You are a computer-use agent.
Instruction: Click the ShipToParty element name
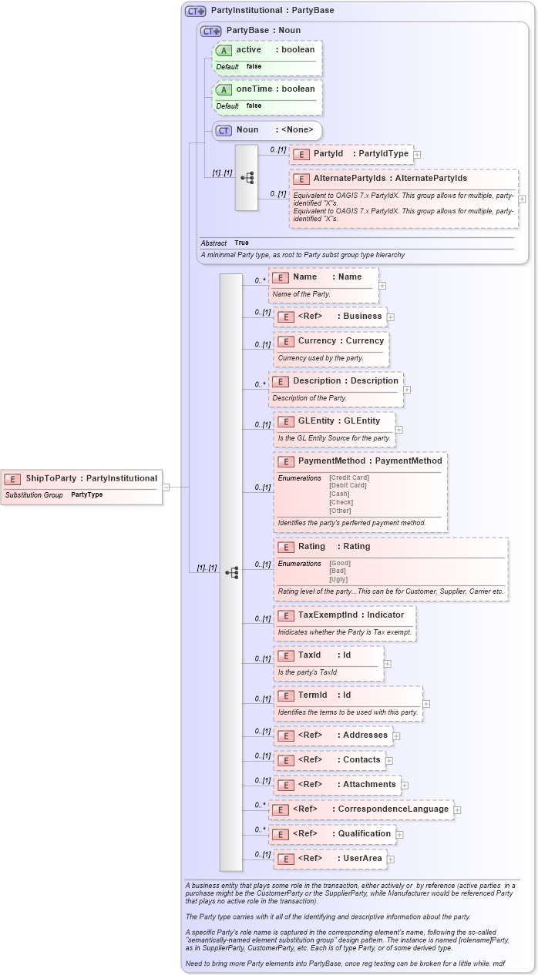point(51,478)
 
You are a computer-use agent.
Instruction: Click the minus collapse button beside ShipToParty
point(166,487)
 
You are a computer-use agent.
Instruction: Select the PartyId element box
point(351,154)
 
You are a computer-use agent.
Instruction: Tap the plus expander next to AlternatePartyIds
point(522,198)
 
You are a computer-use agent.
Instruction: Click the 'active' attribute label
point(248,49)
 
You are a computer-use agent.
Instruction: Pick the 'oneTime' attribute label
point(254,89)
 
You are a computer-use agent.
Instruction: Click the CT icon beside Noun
point(224,130)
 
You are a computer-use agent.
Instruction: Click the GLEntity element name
point(316,420)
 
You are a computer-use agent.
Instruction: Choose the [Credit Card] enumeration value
point(348,477)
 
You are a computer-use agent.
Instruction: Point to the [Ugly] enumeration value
point(338,579)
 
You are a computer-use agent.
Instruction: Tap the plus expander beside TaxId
point(387,663)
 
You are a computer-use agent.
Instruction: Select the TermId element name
point(312,695)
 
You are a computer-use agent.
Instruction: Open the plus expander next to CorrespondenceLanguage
point(457,809)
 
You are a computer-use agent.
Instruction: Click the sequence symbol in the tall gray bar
point(231,572)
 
